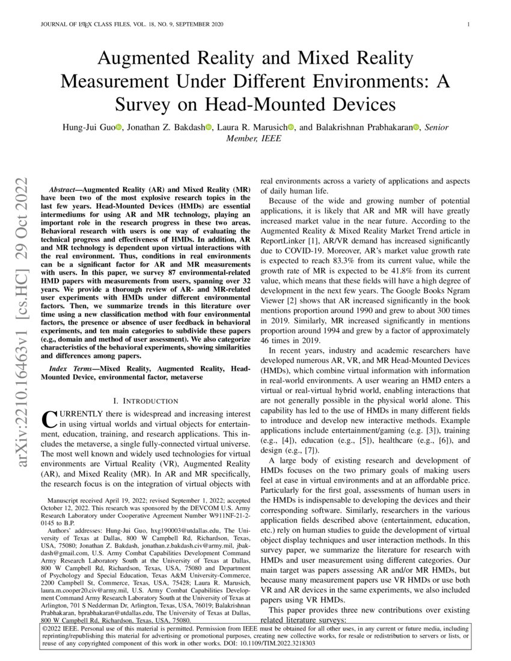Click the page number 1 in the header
[468, 25]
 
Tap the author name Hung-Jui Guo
[87, 127]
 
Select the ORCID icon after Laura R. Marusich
[291, 127]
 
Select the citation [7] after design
[313, 451]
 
